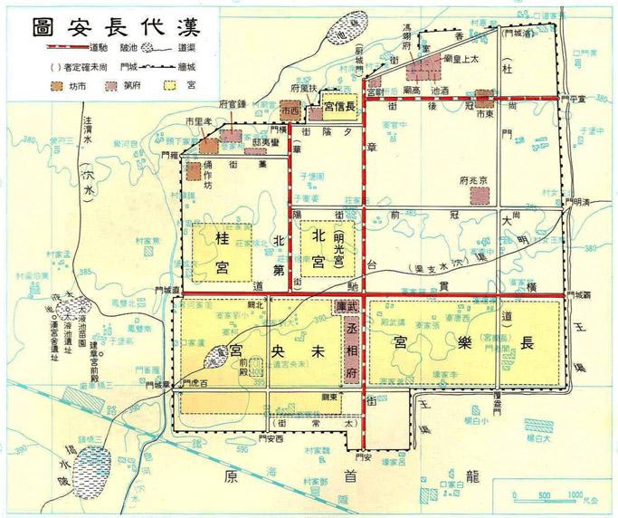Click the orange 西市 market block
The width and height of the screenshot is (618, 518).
(290, 109)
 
